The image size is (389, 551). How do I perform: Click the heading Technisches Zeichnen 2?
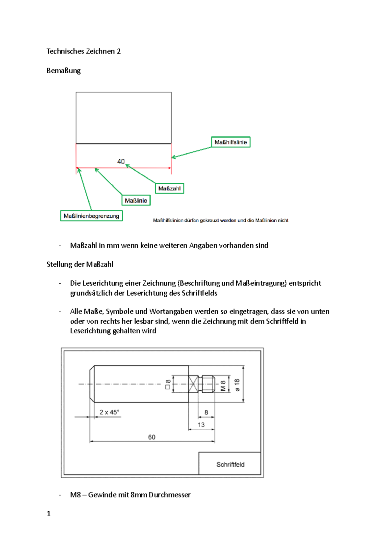pos(83,51)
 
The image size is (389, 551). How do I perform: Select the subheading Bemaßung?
pos(64,71)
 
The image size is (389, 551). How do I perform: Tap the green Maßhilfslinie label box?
pos(230,142)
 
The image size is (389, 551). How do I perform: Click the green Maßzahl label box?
pos(169,189)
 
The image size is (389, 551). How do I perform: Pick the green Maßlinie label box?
pos(136,201)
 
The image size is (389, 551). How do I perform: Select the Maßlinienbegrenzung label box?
pos(91,216)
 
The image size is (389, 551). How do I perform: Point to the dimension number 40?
pos(121,161)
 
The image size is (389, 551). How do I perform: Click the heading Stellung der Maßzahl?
pos(80,264)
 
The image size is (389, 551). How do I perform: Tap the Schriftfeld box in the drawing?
pos(230,464)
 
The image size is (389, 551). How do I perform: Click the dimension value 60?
pos(152,437)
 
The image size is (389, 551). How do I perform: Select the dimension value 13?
pos(201,425)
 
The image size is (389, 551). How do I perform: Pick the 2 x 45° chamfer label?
pos(109,412)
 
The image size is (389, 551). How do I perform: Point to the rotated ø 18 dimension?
pos(237,385)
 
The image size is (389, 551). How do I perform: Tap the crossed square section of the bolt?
pos(193,384)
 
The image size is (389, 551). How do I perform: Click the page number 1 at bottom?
pos(49,514)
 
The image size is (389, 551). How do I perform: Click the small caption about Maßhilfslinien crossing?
pos(220,220)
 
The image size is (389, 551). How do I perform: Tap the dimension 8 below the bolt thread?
pos(206,412)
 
